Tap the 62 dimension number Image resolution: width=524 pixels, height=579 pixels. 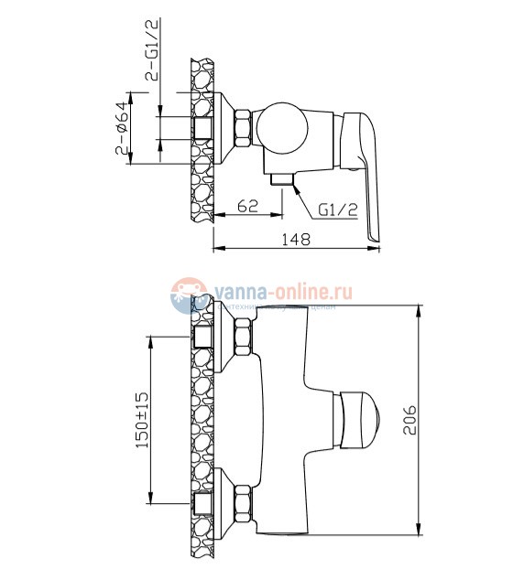(246, 207)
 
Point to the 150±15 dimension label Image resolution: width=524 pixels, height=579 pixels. (140, 421)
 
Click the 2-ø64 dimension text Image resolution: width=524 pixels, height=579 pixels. (122, 127)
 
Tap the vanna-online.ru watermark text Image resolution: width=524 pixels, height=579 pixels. (284, 291)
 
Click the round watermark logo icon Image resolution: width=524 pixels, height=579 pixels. (189, 295)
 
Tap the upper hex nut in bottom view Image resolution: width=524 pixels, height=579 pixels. (245, 339)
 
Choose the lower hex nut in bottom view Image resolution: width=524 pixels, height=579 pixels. (245, 502)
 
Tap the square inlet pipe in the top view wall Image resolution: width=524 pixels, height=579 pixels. (203, 127)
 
